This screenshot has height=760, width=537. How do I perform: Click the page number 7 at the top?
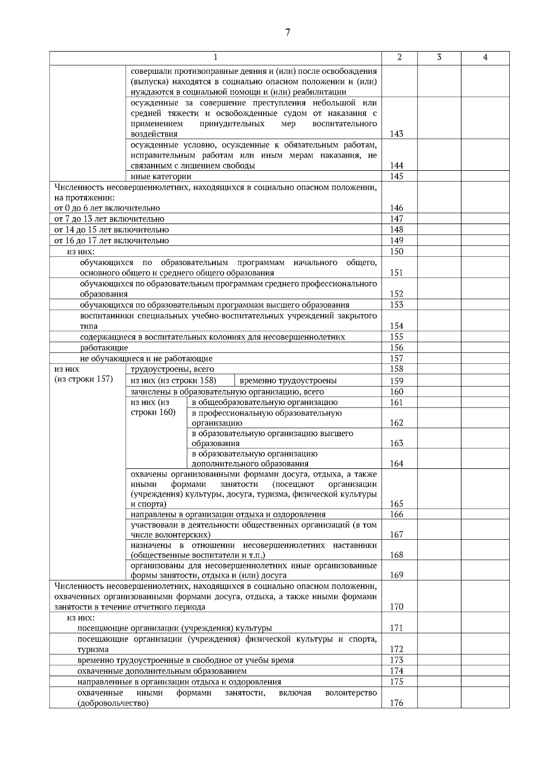(x=287, y=32)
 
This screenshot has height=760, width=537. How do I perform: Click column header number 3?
(x=439, y=57)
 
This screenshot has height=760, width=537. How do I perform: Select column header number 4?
(x=485, y=57)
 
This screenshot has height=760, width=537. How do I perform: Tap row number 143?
(x=396, y=134)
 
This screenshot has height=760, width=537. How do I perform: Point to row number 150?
(x=396, y=251)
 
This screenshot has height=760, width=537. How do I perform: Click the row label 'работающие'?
(x=104, y=348)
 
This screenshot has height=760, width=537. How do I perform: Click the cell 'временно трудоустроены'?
(x=288, y=381)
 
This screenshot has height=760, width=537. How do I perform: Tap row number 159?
(x=396, y=381)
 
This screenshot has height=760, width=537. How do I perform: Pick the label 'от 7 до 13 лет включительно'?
(x=109, y=219)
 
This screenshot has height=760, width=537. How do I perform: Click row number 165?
(x=396, y=504)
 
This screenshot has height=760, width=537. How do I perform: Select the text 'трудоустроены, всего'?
(x=172, y=369)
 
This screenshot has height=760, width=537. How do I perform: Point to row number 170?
(x=396, y=607)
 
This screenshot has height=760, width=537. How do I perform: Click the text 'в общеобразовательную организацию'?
(x=264, y=402)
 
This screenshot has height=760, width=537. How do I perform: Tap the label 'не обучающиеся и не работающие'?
(x=146, y=358)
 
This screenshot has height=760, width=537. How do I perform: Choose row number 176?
(x=396, y=703)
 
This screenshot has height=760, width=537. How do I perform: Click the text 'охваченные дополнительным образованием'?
(x=162, y=671)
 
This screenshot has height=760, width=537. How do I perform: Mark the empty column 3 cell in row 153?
(x=439, y=305)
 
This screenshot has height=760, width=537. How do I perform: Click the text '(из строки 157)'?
(x=84, y=379)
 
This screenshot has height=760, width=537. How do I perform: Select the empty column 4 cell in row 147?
(x=485, y=219)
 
